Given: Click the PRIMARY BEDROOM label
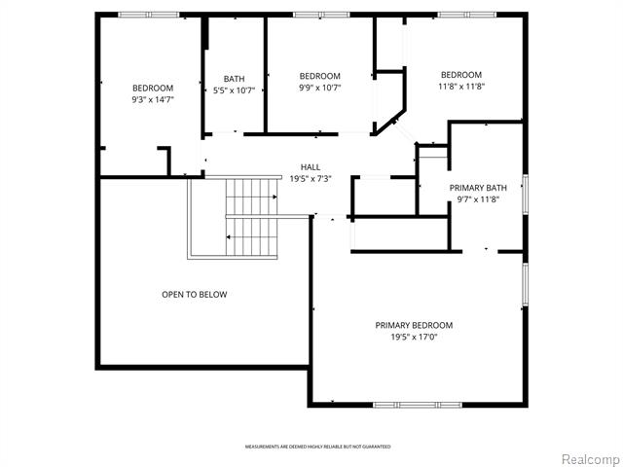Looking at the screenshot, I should click(414, 325).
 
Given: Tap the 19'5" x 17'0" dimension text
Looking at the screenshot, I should click(414, 337).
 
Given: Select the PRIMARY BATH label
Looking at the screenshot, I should click(478, 188).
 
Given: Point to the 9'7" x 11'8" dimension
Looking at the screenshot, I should click(478, 199).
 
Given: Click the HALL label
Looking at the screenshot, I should click(310, 167).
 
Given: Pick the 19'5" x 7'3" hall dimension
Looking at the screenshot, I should click(310, 178).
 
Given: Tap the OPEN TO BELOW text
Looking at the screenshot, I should click(195, 294).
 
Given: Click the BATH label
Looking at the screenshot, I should click(234, 80).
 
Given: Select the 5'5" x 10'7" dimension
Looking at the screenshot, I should click(234, 90).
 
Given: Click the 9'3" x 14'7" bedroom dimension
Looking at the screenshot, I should click(153, 99).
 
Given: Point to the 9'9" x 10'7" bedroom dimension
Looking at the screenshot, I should click(319, 88).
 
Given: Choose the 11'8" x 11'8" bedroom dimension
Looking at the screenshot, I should click(460, 87).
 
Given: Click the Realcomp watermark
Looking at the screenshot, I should click(587, 458).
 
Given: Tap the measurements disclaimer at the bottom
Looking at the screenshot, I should click(317, 447).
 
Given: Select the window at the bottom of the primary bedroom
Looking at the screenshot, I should click(406, 404).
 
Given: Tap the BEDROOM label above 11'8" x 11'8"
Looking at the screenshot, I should click(460, 75).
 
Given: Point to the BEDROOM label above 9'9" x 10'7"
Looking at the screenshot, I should click(319, 76).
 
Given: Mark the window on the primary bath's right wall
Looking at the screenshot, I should click(524, 192).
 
